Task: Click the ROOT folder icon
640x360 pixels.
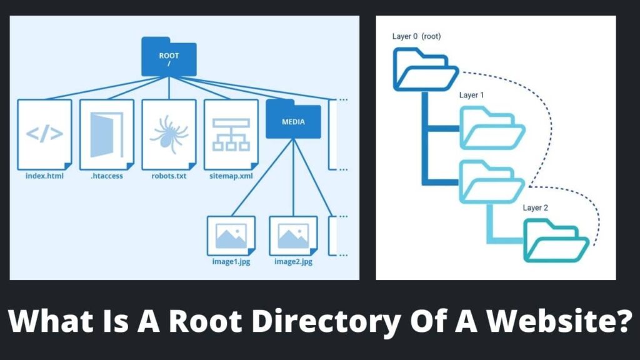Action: click(x=169, y=58)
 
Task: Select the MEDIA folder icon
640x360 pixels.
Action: click(x=293, y=119)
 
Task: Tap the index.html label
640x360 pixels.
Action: click(x=44, y=176)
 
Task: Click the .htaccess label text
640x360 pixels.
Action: click(x=106, y=176)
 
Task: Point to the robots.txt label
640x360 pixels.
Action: click(x=169, y=176)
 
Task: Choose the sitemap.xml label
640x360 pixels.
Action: click(x=231, y=176)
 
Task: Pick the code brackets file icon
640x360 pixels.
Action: click(x=44, y=134)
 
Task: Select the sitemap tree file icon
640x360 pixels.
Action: click(x=231, y=134)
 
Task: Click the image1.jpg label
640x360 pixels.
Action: click(x=231, y=261)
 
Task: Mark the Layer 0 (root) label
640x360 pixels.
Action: click(x=417, y=36)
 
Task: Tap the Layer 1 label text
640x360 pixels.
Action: click(x=472, y=95)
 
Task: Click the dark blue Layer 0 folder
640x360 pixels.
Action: click(x=422, y=69)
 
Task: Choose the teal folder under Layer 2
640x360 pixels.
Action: click(x=555, y=244)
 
